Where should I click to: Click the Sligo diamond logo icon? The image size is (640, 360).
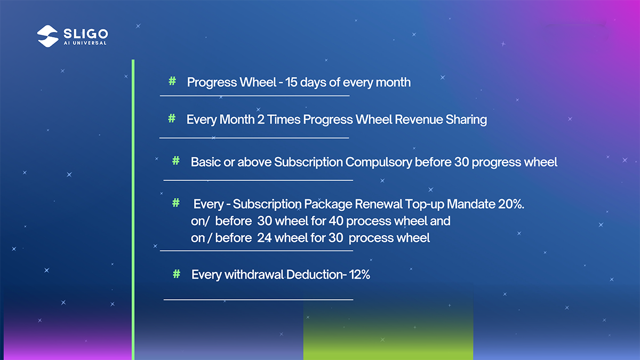point(47,36)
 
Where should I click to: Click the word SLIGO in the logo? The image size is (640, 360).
point(86,34)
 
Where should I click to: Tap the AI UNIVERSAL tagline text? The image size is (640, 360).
point(85,43)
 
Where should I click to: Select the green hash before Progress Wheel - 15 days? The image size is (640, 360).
point(172,81)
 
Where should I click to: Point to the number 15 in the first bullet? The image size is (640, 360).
point(291,82)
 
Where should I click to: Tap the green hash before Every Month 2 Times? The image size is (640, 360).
point(172,118)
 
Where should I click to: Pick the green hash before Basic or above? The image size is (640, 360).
point(176,161)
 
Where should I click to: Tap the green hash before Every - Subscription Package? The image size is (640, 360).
point(176,203)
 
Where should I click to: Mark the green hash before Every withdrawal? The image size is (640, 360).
point(177,274)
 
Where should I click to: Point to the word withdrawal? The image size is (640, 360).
point(254,275)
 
